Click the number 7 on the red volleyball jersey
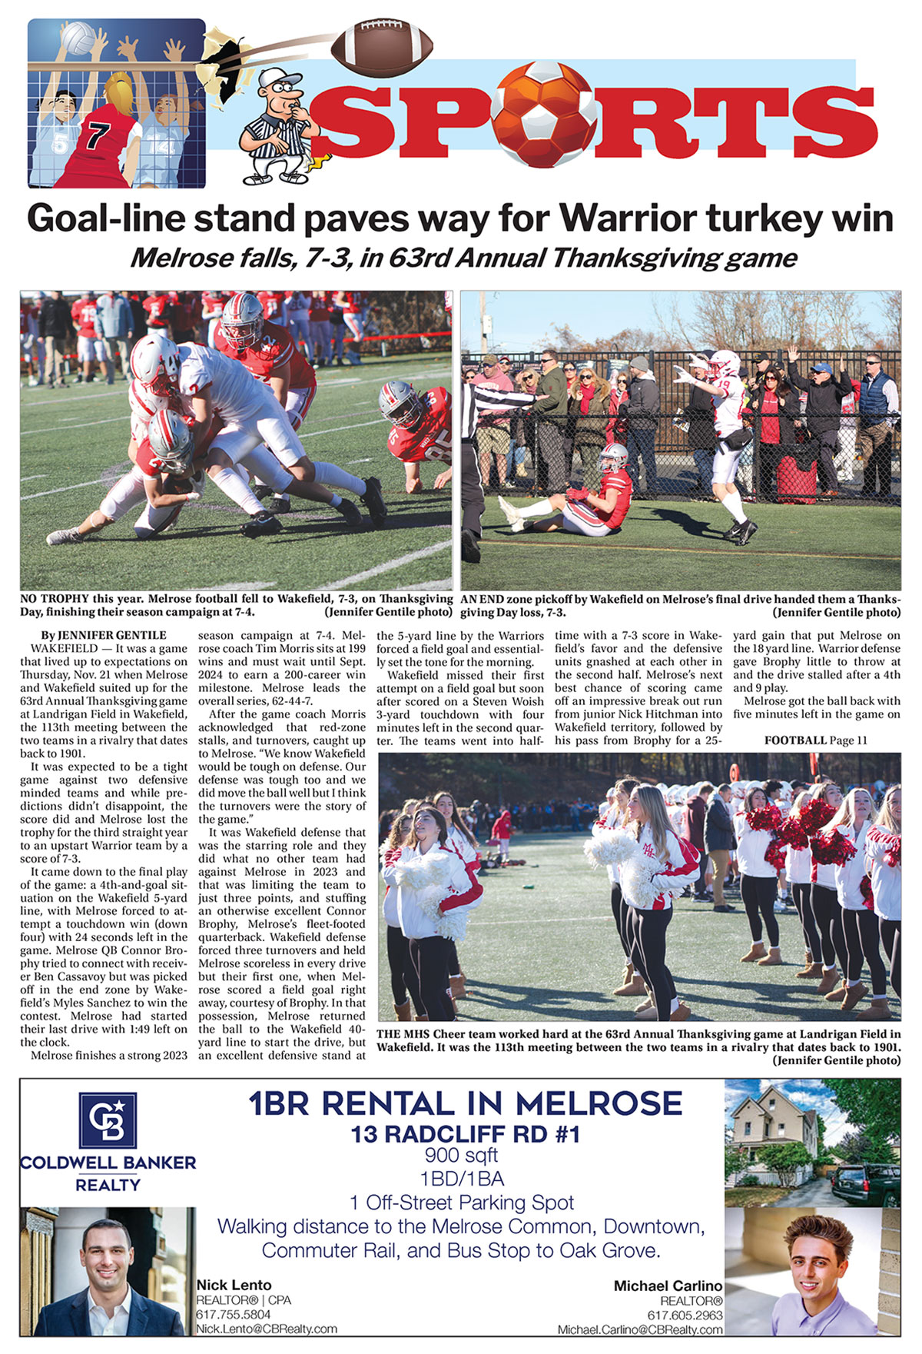tap(97, 135)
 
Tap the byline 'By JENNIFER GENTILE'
tap(103, 635)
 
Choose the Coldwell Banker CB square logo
tap(108, 1119)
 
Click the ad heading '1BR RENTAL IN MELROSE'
tap(465, 1104)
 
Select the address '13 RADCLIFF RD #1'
tap(465, 1134)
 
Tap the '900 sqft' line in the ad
tap(461, 1155)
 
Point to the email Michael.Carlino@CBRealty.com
tap(640, 1329)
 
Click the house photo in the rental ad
tap(812, 1142)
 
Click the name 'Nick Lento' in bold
tap(234, 1285)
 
